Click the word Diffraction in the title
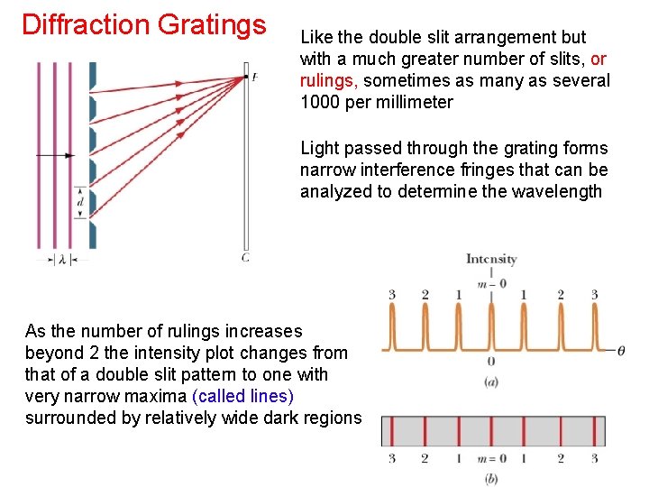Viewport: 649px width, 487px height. [86, 24]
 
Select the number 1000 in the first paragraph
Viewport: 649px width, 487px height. [320, 102]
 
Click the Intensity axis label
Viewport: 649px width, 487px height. [491, 260]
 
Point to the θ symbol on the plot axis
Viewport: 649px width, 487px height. [621, 350]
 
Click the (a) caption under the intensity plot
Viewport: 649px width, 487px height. [491, 382]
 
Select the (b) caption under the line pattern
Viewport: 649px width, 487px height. [491, 478]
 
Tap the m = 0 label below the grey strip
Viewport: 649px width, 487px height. [491, 459]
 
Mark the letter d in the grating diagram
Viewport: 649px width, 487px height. [80, 203]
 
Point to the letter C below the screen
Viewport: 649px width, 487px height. [245, 258]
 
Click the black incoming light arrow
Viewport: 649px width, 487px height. [54, 155]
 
